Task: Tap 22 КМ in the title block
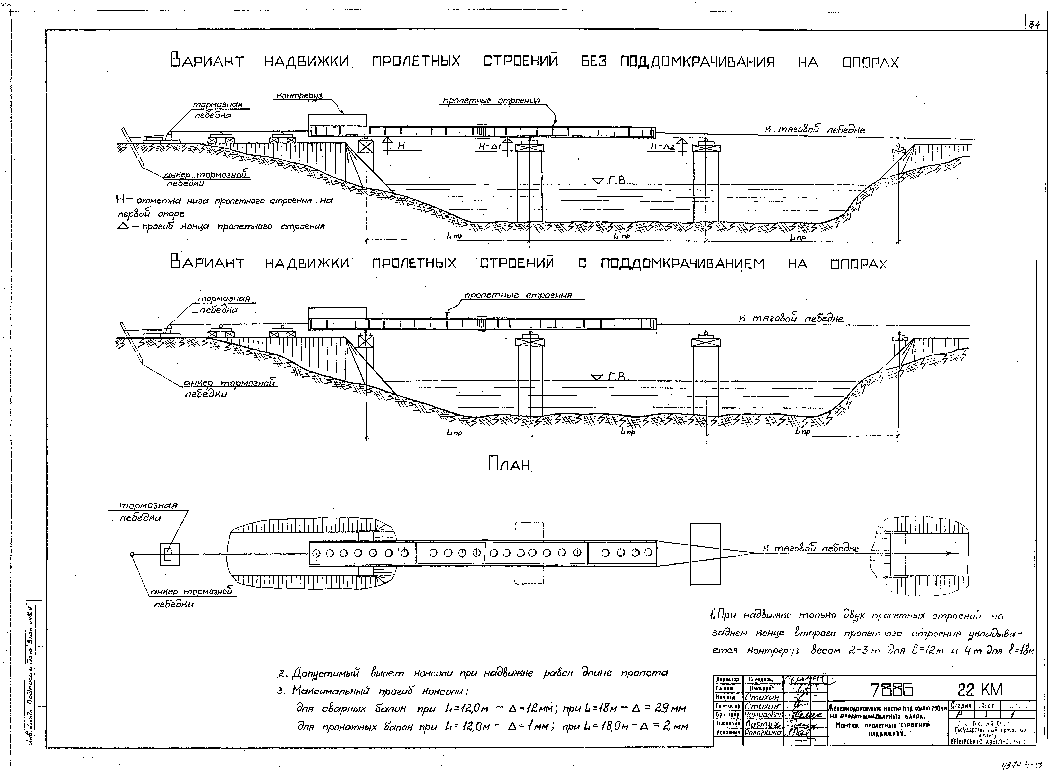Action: (980, 690)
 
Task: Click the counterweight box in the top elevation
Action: (337, 120)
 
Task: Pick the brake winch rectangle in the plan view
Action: (170, 554)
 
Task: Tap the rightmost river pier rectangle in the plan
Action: (705, 553)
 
